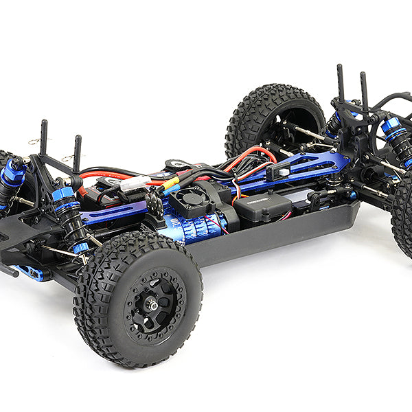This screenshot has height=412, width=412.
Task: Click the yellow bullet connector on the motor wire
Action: coord(171,183)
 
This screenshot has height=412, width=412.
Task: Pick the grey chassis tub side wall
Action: coord(275,237)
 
